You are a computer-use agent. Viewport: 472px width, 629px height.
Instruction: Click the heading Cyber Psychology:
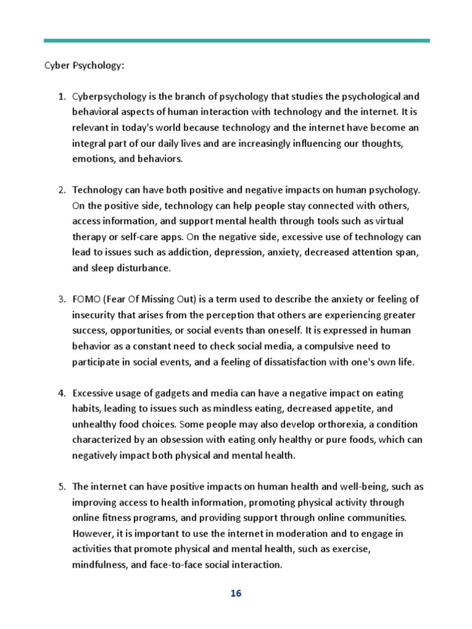click(x=83, y=66)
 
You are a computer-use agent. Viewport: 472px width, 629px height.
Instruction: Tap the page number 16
click(x=236, y=593)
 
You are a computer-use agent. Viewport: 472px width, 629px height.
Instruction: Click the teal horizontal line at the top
click(x=236, y=41)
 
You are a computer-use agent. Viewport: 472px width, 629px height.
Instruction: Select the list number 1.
click(x=61, y=97)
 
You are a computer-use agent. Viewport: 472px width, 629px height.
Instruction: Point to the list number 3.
click(x=61, y=300)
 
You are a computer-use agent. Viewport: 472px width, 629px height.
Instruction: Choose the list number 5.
click(x=61, y=487)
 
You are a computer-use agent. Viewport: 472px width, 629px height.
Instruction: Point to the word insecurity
click(x=95, y=315)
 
